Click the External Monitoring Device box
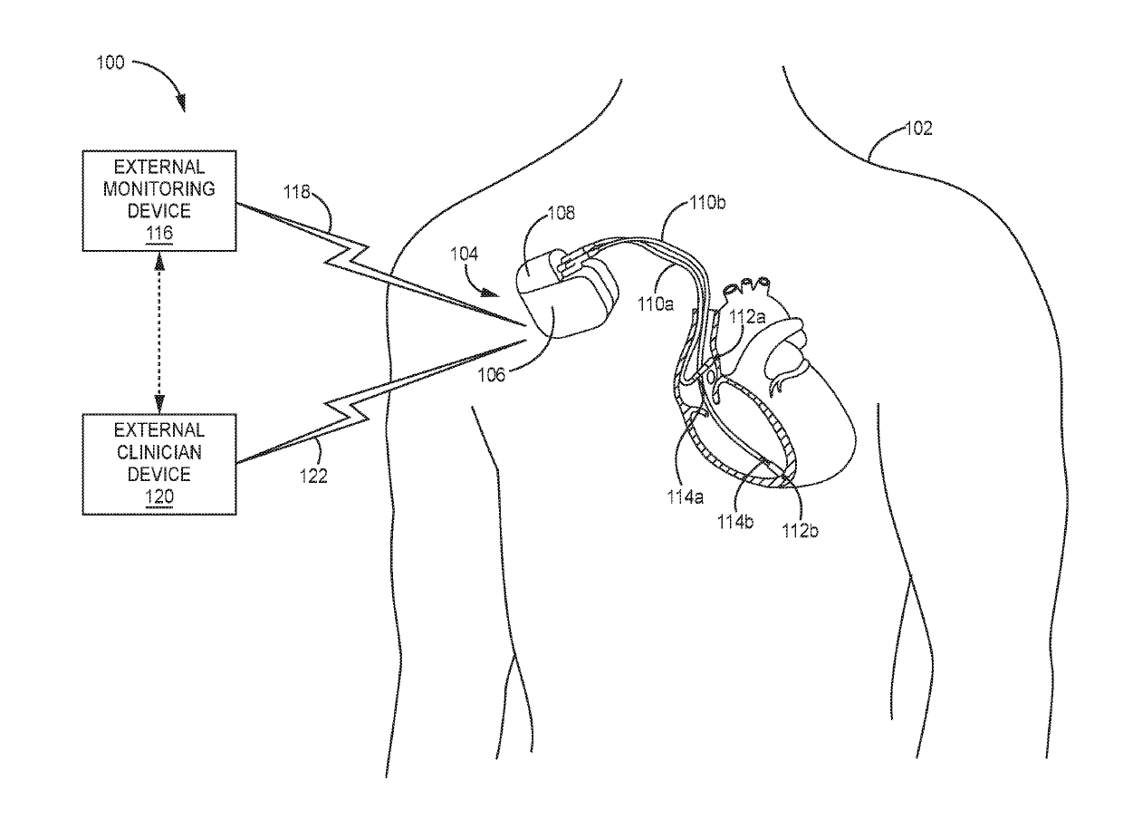tap(159, 200)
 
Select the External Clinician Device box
tap(159, 464)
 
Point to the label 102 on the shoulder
tap(918, 129)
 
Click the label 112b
tap(800, 531)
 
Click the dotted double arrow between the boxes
tap(159, 332)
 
